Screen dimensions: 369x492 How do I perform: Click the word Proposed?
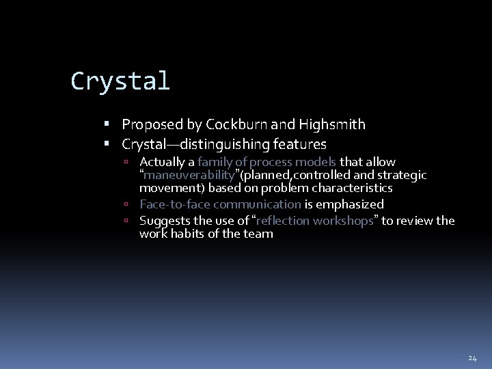click(151, 125)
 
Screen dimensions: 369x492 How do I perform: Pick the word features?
click(301, 145)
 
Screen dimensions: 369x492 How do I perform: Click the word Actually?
click(166, 162)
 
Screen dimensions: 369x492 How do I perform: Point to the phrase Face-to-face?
click(174, 204)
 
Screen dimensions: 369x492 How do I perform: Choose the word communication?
click(257, 204)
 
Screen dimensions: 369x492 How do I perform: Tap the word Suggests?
click(163, 221)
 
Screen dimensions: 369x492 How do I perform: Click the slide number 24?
click(472, 357)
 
